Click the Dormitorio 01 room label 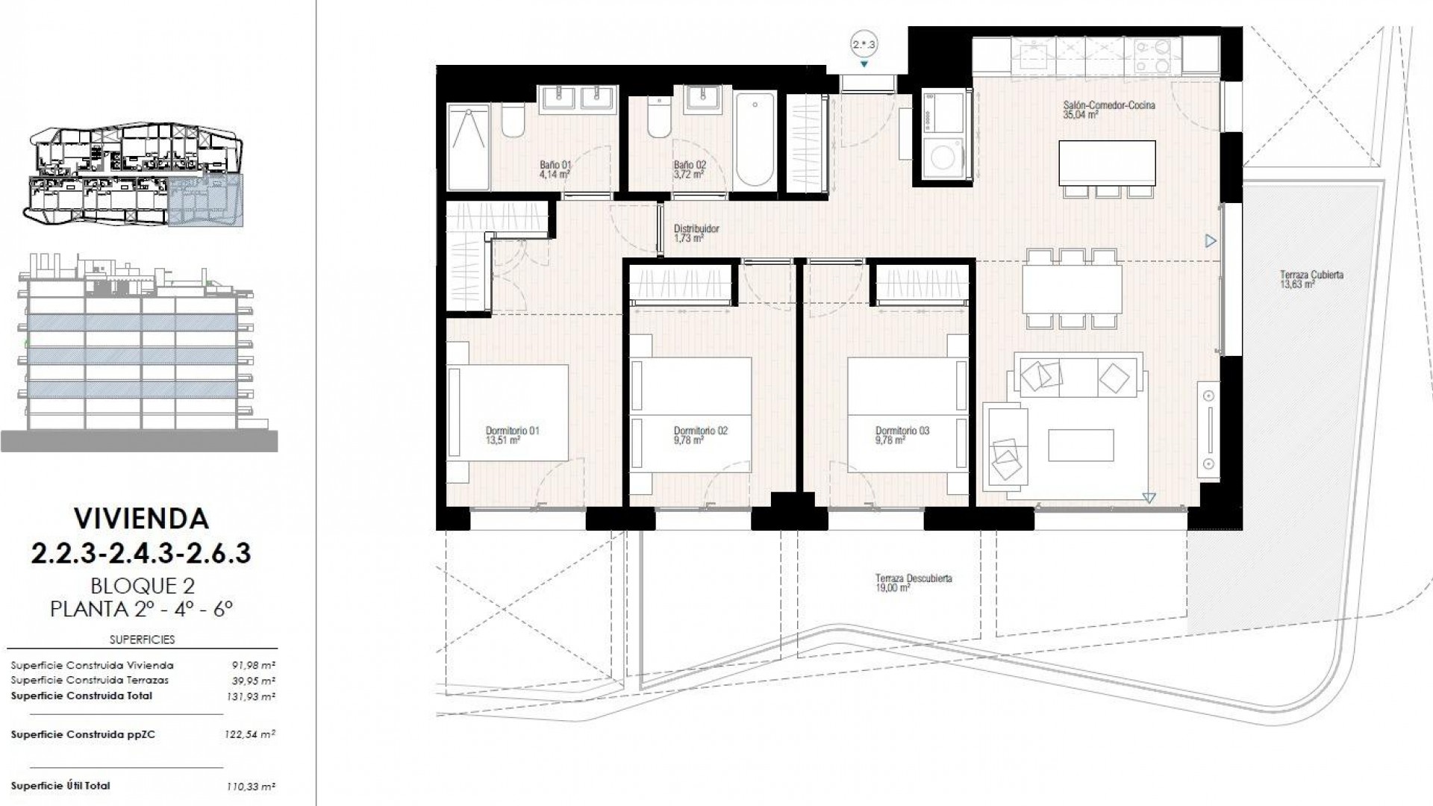(x=512, y=435)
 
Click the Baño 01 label (x=555, y=169)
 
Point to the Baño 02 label (x=689, y=169)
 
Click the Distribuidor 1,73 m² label (x=696, y=234)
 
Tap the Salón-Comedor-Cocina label (x=1109, y=110)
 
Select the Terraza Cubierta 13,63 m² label (x=1300, y=279)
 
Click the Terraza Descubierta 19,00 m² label (x=914, y=582)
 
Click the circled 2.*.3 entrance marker (x=864, y=45)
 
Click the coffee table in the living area (x=1081, y=446)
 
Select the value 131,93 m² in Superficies (x=250, y=696)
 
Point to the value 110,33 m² (x=250, y=786)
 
